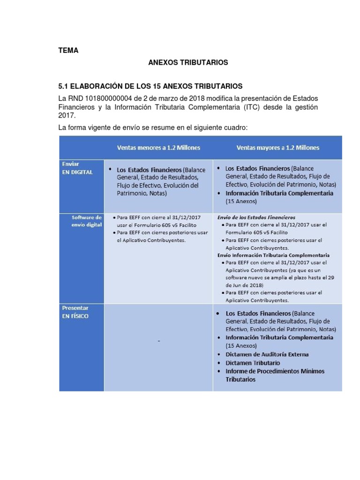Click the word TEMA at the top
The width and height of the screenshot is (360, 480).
[68, 51]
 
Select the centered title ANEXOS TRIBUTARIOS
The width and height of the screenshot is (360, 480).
[188, 62]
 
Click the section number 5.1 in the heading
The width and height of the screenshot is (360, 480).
[64, 86]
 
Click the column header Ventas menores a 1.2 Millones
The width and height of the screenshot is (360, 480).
[158, 148]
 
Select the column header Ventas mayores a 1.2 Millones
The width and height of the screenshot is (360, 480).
[278, 148]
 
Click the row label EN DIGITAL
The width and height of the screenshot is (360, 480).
[77, 172]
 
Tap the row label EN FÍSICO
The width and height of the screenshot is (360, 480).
[75, 316]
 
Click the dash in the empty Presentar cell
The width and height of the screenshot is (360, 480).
[159, 341]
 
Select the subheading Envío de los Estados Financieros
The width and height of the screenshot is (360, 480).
[256, 217]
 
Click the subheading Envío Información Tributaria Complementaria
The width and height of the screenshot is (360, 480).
[273, 255]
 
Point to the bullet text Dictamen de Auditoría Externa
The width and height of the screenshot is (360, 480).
[267, 354]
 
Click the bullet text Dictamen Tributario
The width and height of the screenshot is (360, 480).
[253, 363]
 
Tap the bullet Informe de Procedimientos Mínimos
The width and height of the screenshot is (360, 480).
[275, 371]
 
